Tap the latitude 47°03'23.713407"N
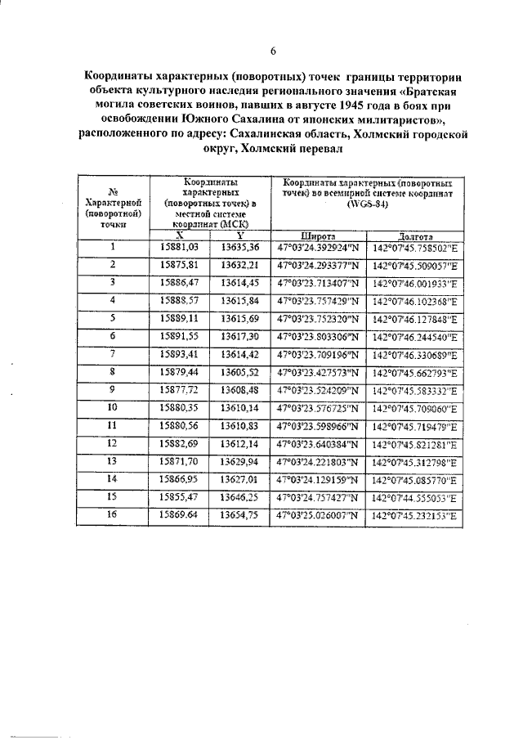coord(317,282)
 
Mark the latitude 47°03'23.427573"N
coord(317,371)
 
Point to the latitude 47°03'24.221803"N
coord(317,461)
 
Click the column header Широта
coord(317,235)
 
